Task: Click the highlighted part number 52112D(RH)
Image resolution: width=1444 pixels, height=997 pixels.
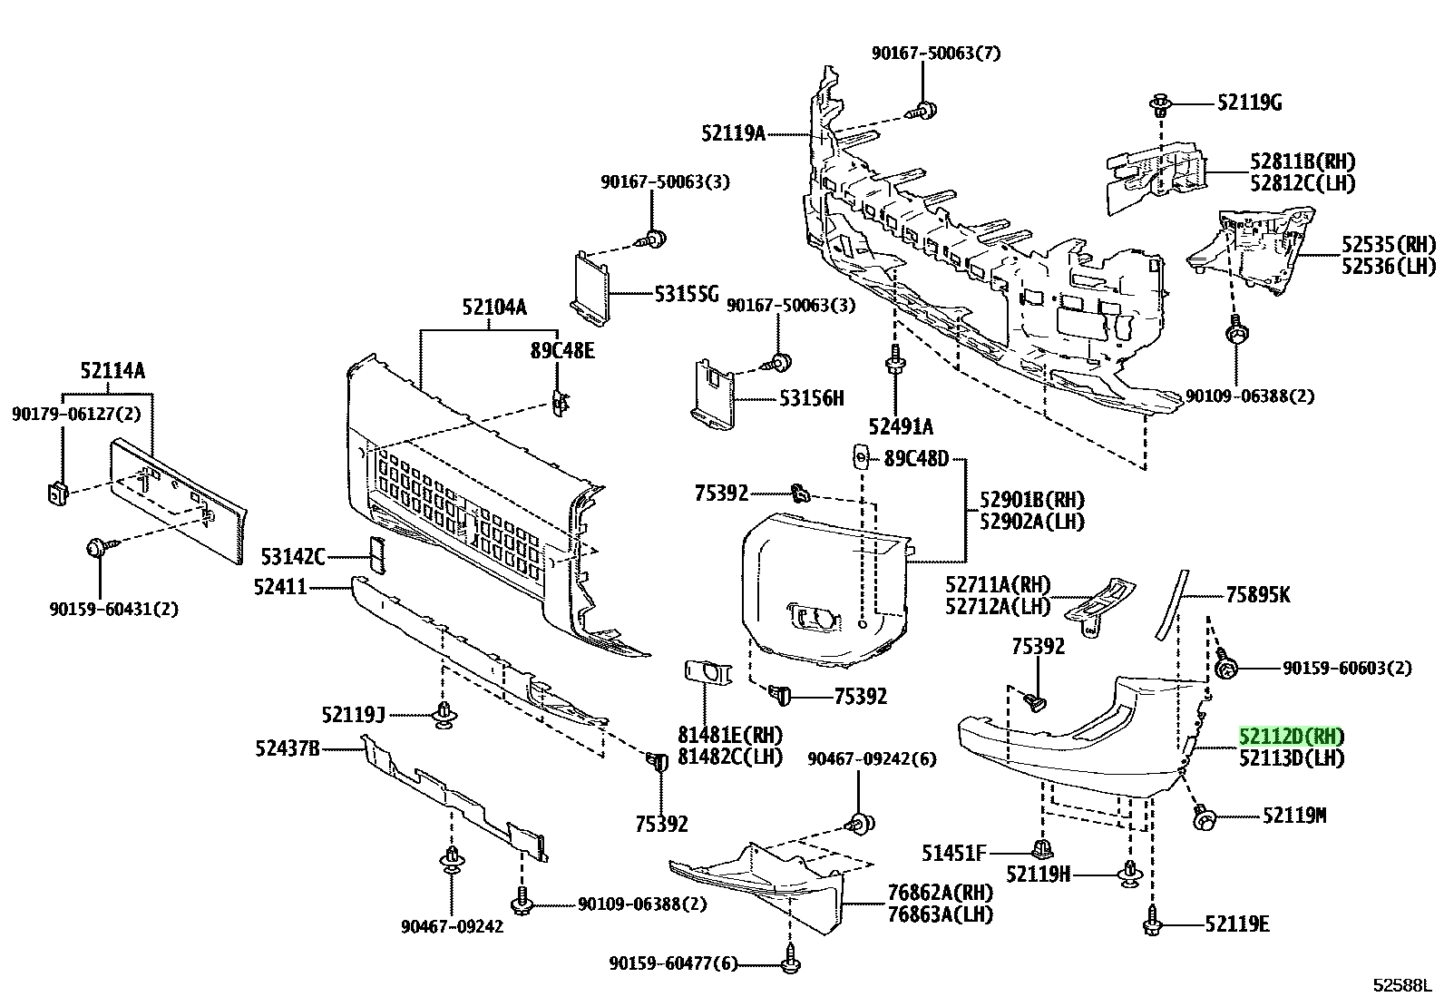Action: click(x=1292, y=737)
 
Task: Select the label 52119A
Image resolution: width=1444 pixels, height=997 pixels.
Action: click(x=734, y=133)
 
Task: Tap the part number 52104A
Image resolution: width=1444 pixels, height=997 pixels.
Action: click(x=494, y=307)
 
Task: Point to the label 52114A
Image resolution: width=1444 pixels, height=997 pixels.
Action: click(x=112, y=371)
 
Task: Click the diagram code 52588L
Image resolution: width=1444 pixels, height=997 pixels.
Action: click(x=1403, y=984)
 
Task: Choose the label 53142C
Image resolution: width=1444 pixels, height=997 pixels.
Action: click(x=293, y=556)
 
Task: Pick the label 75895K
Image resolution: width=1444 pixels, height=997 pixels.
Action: click(x=1258, y=594)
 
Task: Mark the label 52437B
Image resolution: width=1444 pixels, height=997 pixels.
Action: click(x=288, y=748)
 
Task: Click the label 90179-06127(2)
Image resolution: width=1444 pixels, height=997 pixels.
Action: click(x=76, y=414)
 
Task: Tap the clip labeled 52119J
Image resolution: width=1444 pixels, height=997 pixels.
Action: click(x=444, y=715)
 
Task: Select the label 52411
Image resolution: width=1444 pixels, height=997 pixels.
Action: click(x=280, y=588)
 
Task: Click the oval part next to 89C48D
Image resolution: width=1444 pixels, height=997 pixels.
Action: click(x=861, y=458)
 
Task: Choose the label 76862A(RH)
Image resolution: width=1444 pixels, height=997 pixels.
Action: click(x=941, y=893)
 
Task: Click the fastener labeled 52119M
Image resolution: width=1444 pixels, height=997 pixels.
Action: click(x=1203, y=817)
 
